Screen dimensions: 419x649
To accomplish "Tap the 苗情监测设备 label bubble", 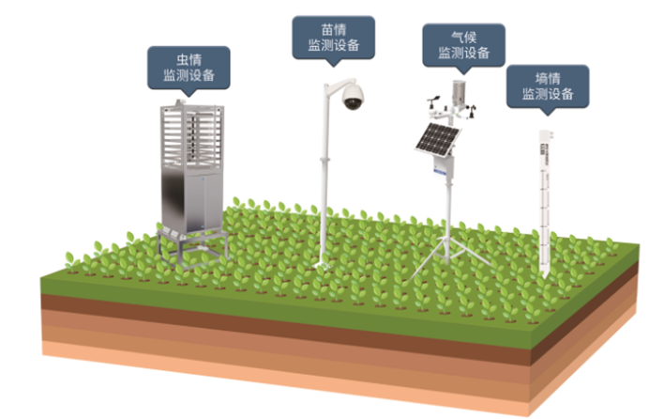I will tap(334, 37).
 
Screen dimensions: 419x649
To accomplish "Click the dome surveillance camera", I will tap(352, 96).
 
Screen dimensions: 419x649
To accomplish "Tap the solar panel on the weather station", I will tap(438, 138).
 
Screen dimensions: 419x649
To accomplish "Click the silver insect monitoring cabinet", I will tap(190, 169).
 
